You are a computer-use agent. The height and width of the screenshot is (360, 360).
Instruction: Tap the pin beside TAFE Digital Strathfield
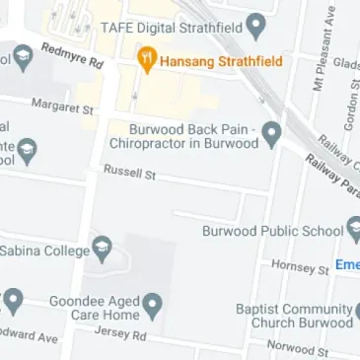(x=256, y=27)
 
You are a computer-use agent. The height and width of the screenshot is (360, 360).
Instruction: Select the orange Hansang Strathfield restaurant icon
(x=147, y=61)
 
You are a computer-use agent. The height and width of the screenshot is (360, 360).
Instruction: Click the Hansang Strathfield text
(x=220, y=61)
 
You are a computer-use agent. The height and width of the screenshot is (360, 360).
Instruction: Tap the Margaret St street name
(x=62, y=106)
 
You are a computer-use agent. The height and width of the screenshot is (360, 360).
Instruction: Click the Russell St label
(x=130, y=174)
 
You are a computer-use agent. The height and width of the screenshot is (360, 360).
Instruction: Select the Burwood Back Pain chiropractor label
(x=192, y=135)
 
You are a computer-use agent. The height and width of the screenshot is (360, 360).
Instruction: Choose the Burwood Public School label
(x=272, y=232)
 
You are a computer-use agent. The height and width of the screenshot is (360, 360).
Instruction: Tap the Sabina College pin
(x=102, y=248)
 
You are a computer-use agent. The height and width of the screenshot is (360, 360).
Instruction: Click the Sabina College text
(x=44, y=250)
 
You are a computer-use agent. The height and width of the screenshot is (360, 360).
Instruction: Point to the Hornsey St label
(x=300, y=267)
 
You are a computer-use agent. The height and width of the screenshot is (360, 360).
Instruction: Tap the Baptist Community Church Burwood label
(x=293, y=316)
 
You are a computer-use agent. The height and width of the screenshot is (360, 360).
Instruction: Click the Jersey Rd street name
(x=119, y=334)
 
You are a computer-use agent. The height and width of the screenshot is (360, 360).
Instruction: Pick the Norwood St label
(x=298, y=348)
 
